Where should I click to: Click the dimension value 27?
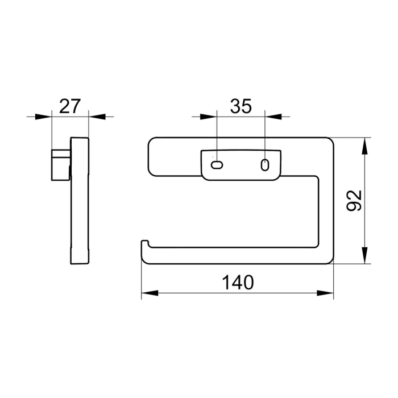pos(70,106)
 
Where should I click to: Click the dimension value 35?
pos(241,106)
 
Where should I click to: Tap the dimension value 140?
pos(237,283)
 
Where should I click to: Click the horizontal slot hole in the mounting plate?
pos(217,165)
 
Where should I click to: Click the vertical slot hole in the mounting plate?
pos(264,165)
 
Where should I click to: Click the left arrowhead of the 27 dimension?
pos(44,117)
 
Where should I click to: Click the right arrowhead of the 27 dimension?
pos(97,117)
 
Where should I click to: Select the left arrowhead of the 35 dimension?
pos(210,117)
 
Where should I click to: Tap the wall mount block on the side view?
pos(60,163)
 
